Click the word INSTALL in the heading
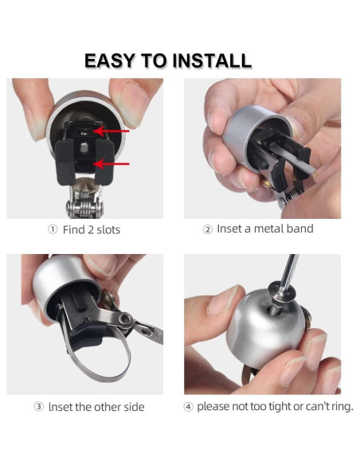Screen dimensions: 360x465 [x=212, y=61]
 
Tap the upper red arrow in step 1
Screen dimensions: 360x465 [x=111, y=131]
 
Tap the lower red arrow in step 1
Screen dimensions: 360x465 [x=111, y=163]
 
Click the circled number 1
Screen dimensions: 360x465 [x=53, y=229]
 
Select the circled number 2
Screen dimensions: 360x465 [x=208, y=229]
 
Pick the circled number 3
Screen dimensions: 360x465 [x=38, y=406]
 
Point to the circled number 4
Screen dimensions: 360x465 [x=188, y=406]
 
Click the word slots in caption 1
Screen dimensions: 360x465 [x=108, y=230]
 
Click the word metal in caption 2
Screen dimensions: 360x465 [x=267, y=229]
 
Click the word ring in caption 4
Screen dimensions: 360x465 [x=342, y=406]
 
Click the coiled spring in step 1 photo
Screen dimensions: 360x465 [x=84, y=205]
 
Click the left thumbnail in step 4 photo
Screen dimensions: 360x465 [x=221, y=300]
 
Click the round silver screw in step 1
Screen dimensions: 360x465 [x=84, y=147]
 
